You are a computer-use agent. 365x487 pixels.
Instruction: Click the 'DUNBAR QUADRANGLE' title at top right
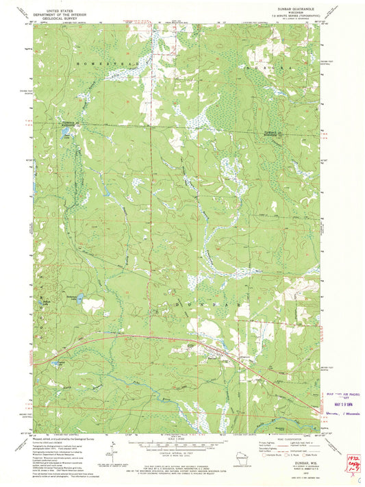294,9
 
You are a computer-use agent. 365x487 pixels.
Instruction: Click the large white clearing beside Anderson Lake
92,305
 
